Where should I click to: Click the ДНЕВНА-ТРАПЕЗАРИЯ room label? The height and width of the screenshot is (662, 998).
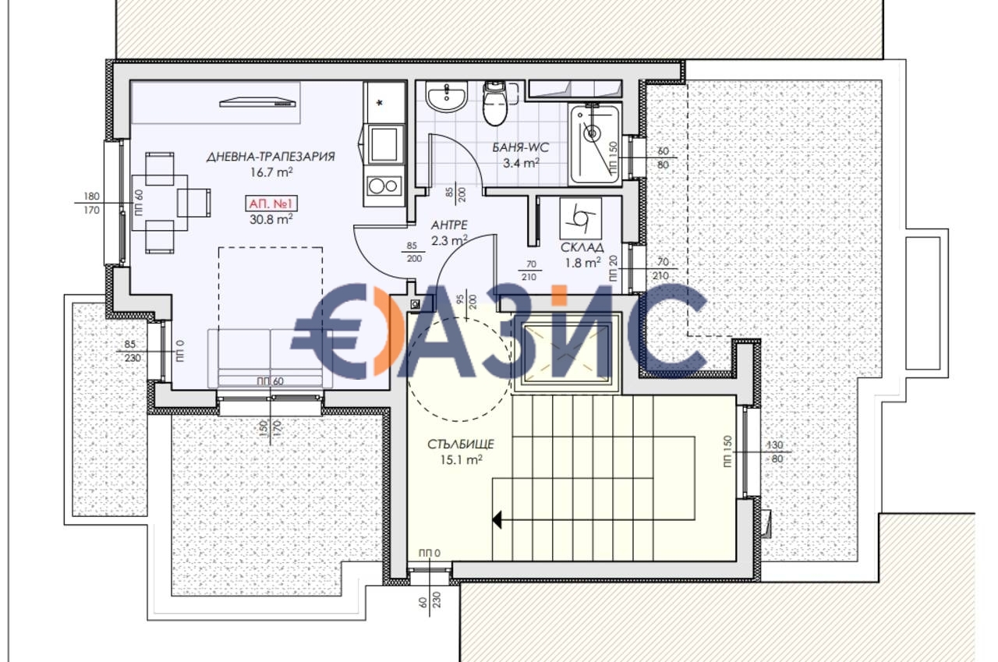[271, 157]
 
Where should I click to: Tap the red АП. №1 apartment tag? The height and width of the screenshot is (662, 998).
[271, 204]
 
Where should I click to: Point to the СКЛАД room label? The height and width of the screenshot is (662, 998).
[582, 247]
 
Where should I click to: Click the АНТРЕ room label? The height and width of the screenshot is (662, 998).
[449, 225]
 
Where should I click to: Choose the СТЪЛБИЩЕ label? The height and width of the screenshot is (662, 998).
[461, 444]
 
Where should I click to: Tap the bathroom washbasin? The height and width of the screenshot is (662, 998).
[446, 97]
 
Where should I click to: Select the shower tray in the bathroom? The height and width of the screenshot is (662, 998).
[594, 144]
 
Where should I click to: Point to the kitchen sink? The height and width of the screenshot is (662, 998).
[384, 144]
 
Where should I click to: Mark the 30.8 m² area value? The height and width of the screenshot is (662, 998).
[271, 220]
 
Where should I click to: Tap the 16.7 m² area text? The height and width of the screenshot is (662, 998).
[271, 172]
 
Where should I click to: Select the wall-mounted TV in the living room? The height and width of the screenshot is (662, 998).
[258, 101]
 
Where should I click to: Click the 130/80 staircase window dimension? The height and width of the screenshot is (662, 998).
[777, 451]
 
